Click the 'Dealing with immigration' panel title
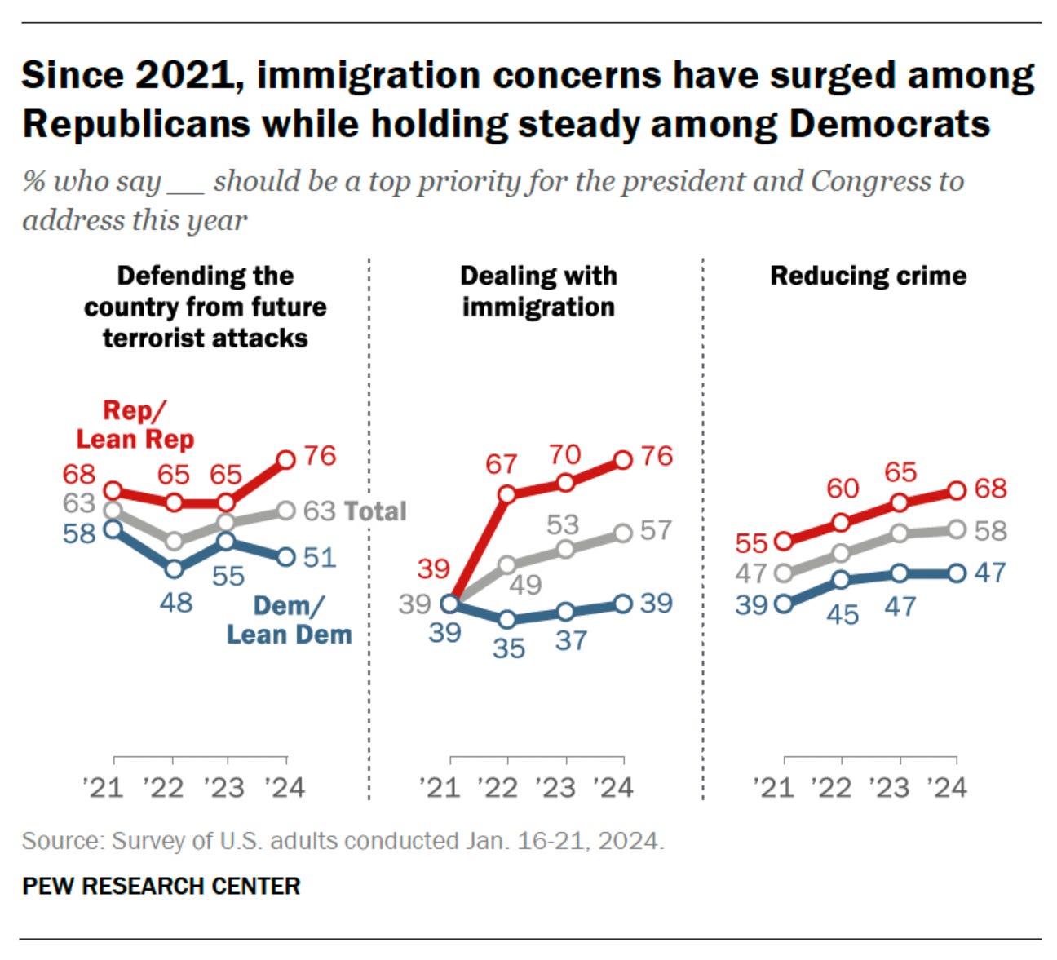click(538, 291)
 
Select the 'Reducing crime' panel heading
click(868, 276)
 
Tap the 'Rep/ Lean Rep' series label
click(135, 425)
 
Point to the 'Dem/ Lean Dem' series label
click(289, 620)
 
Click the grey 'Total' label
click(374, 511)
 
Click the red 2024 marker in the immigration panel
click(623, 460)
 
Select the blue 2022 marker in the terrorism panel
click(174, 568)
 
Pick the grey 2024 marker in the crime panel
click(957, 530)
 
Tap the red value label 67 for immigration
click(501, 464)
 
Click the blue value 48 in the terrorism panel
click(176, 603)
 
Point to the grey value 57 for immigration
click(656, 531)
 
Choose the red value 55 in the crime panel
click(751, 543)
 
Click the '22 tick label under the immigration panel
click(498, 788)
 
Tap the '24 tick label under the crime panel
click(947, 788)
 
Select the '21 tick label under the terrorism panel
click(103, 788)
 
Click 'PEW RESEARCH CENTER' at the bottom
click(161, 886)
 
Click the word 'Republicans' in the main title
click(136, 125)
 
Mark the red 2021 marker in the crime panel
click(784, 541)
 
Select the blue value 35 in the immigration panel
click(508, 648)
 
